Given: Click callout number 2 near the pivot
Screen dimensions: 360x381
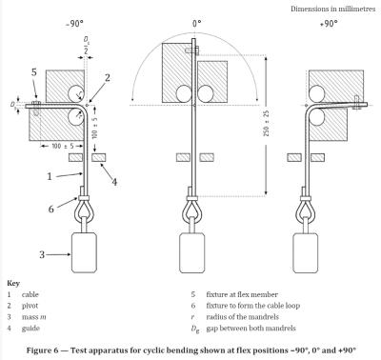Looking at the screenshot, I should coord(108,76).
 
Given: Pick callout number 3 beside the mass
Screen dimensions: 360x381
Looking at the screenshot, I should coord(40,254).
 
